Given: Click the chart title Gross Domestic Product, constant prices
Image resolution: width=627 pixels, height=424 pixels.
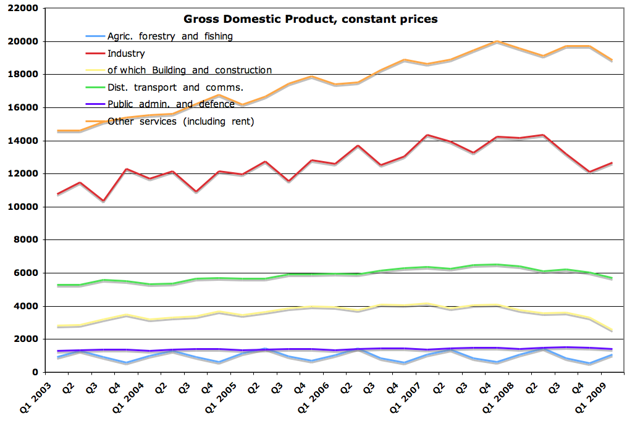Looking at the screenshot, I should [x=309, y=19].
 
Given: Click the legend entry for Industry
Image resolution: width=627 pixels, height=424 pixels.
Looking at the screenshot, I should [x=126, y=54].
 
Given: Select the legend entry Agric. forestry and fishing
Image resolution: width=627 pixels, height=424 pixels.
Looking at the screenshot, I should [x=170, y=36].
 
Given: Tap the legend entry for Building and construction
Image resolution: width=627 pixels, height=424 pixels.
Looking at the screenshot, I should [x=190, y=70].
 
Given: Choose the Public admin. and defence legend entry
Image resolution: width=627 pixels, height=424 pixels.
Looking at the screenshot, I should [x=171, y=104].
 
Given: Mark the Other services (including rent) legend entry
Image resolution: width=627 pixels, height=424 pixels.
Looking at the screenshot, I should [x=181, y=122].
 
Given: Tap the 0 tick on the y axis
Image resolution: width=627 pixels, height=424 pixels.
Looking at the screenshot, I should [x=36, y=372].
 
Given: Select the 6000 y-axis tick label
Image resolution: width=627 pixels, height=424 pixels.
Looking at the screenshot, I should [x=28, y=273].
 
